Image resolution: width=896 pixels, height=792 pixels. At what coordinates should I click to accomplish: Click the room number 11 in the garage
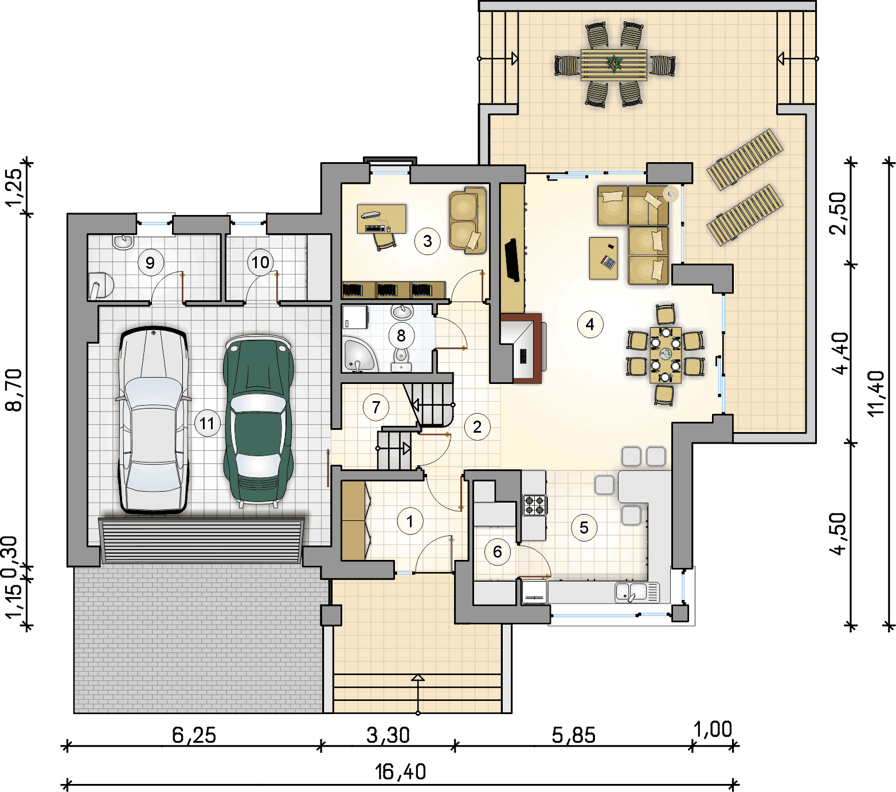[207, 423]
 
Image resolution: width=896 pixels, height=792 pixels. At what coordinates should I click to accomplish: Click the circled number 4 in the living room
[590, 324]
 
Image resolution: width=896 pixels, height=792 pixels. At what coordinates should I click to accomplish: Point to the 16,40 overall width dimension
[401, 772]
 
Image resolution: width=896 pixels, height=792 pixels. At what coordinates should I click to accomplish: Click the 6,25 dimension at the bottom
[194, 735]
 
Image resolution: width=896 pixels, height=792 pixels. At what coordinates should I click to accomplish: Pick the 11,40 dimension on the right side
[877, 393]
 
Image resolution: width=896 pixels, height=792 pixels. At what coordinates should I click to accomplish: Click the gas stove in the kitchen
[534, 505]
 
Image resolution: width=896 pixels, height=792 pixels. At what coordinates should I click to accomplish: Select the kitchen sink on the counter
[637, 592]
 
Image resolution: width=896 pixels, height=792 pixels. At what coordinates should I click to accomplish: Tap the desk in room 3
[381, 218]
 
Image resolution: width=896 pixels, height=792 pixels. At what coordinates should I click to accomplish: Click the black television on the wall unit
[512, 260]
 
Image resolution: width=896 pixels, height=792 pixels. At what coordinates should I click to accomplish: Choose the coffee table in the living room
[604, 258]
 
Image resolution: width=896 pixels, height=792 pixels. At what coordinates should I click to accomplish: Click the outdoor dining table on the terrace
[614, 65]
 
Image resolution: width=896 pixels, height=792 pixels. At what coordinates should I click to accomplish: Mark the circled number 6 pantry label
[497, 552]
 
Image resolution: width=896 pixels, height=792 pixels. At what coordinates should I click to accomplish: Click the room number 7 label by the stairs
[376, 407]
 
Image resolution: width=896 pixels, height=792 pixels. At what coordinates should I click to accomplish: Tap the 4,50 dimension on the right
[838, 534]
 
